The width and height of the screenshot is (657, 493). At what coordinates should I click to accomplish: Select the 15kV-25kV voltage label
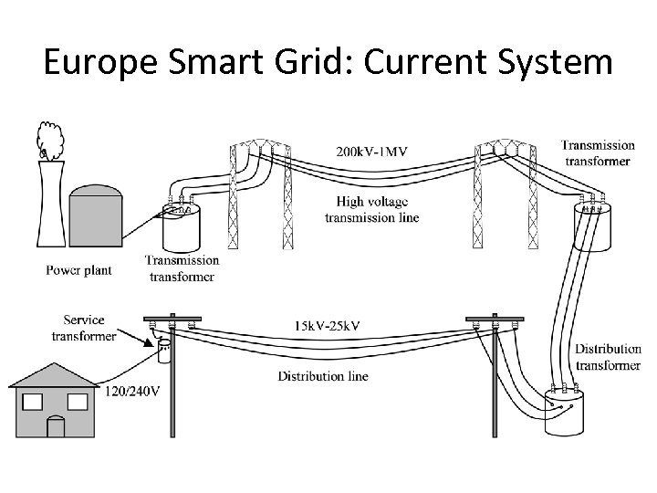327,326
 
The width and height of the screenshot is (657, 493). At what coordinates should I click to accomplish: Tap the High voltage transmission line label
371,209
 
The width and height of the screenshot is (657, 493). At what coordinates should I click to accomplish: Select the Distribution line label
323,376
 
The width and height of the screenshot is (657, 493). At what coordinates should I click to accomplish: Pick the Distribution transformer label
607,358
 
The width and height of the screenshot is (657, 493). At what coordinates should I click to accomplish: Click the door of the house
57,425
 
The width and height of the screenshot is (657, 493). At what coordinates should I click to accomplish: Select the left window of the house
33,402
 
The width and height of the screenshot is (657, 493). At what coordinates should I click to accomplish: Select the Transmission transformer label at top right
598,152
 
